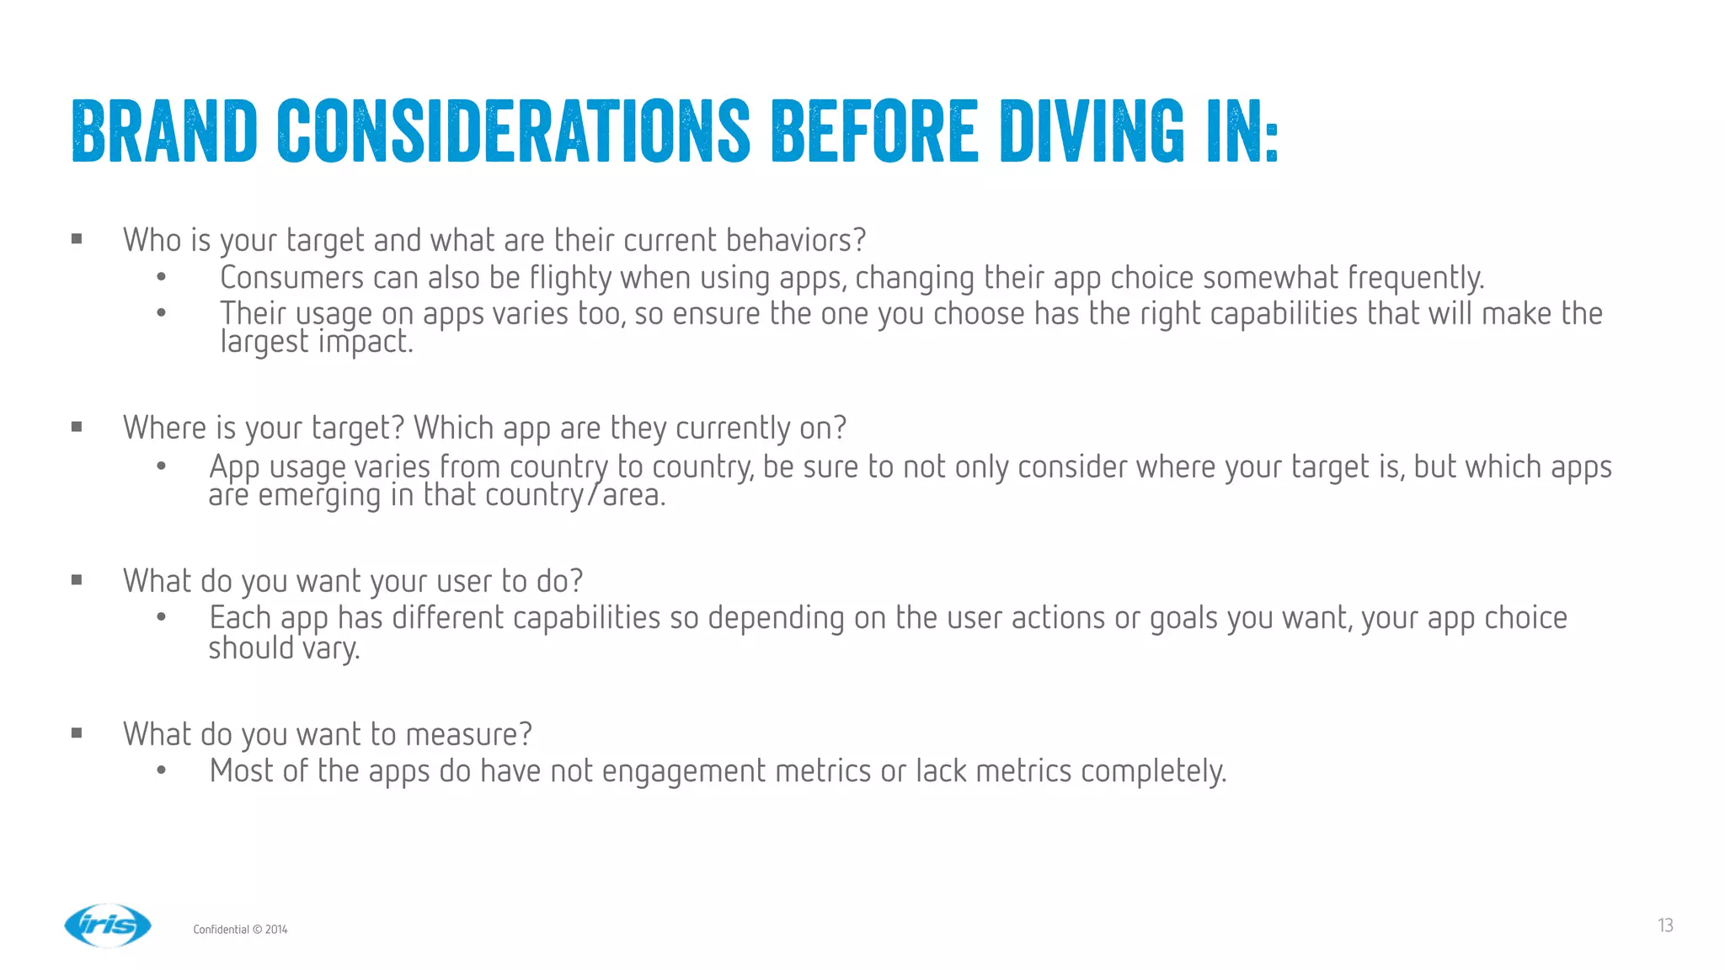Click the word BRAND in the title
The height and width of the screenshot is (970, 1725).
tap(164, 131)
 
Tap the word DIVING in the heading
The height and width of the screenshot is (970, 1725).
tap(1092, 131)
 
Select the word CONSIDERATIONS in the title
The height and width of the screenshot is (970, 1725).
tap(513, 131)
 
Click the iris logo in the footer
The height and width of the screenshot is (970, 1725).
tap(108, 925)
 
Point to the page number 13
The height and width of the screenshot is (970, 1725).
tap(1665, 925)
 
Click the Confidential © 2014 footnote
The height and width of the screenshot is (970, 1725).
tap(240, 930)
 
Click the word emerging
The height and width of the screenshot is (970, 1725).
tap(319, 496)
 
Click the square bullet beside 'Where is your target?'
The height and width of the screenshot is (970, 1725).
tap(77, 427)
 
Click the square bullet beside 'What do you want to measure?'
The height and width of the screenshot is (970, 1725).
tap(77, 733)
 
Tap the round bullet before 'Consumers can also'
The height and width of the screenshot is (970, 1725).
tap(161, 277)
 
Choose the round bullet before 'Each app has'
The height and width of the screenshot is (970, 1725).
tap(161, 618)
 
